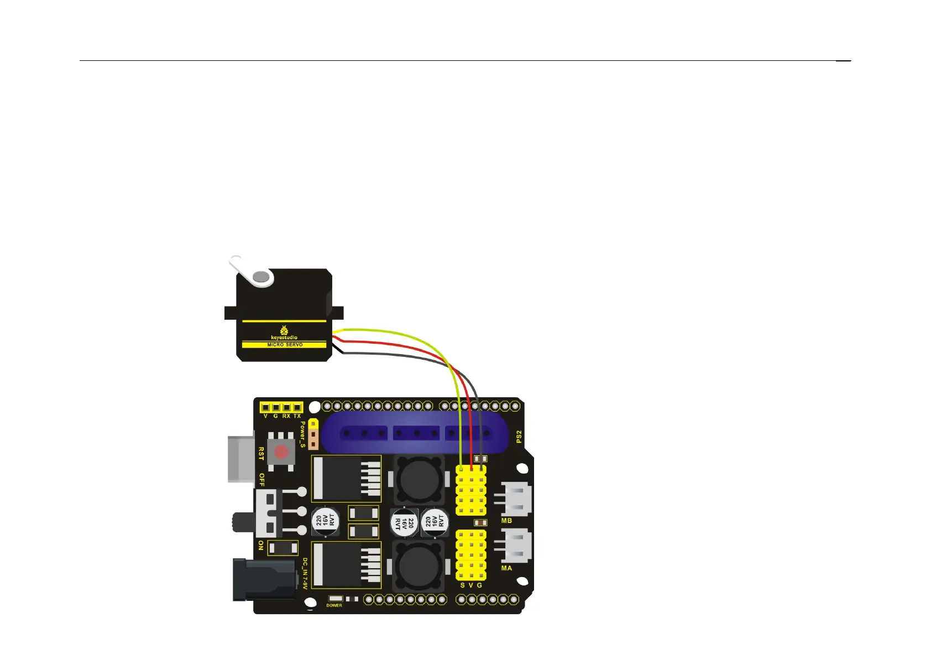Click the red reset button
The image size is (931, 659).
pyautogui.click(x=281, y=452)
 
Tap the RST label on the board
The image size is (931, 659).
pyautogui.click(x=261, y=454)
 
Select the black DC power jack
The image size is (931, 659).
pyautogui.click(x=264, y=580)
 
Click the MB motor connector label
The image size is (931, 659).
pyautogui.click(x=506, y=521)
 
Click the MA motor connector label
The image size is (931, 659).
pyautogui.click(x=506, y=568)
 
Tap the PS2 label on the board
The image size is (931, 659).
pyautogui.click(x=519, y=437)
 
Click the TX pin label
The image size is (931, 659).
pyautogui.click(x=297, y=416)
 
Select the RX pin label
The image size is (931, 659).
pyautogui.click(x=286, y=416)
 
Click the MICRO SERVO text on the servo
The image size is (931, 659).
pyautogui.click(x=285, y=345)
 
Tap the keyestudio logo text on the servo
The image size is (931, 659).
pyautogui.click(x=284, y=337)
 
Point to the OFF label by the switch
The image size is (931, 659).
pyautogui.click(x=262, y=480)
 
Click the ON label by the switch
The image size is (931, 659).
pyautogui.click(x=261, y=546)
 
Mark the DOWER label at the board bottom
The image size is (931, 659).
pyautogui.click(x=334, y=605)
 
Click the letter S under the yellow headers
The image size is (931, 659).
pyautogui.click(x=462, y=585)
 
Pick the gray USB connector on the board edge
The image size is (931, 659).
pyautogui.click(x=241, y=459)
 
